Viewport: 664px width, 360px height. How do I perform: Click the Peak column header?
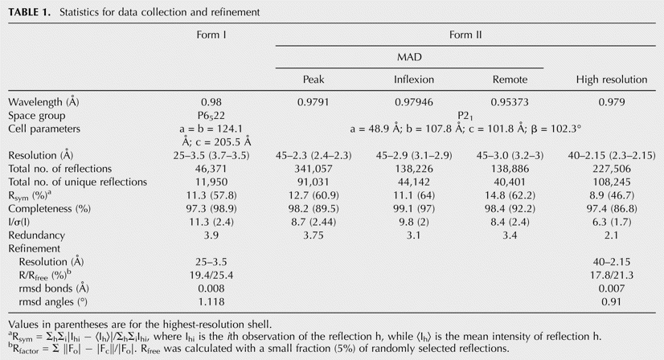pos(314,80)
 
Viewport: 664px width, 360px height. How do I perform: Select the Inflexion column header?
pos(414,80)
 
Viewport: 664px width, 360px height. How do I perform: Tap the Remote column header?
pos(510,80)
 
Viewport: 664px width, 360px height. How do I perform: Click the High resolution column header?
pos(612,80)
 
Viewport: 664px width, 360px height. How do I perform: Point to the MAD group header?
pos(409,57)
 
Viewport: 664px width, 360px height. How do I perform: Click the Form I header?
pos(211,35)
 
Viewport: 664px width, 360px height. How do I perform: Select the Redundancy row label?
pos(36,235)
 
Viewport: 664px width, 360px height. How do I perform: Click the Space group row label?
pos(37,116)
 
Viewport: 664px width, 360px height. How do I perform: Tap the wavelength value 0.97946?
pos(414,102)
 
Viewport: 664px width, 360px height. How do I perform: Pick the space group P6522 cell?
pos(211,116)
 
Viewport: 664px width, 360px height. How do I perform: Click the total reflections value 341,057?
pos(314,169)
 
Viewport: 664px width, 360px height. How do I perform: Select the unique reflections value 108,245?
pos(612,182)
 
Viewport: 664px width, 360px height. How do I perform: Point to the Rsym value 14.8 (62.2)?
pos(510,196)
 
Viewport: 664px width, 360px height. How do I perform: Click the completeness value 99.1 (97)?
pos(414,209)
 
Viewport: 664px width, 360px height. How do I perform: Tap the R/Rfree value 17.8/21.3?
pos(612,276)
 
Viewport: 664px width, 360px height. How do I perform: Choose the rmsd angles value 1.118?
pos(211,302)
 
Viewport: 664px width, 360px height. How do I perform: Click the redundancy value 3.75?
pos(314,235)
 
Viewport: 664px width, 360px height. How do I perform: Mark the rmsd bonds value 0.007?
pos(612,288)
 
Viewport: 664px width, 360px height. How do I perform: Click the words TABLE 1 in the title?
pos(29,12)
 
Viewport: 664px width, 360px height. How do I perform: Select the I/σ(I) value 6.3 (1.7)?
pos(612,223)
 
